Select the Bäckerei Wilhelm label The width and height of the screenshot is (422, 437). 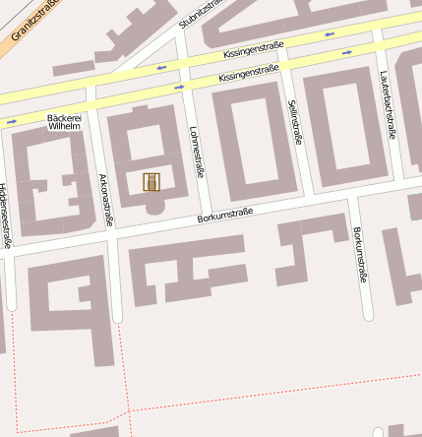point(64,122)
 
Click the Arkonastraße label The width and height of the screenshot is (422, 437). point(103,198)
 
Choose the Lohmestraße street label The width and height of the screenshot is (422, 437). point(196,152)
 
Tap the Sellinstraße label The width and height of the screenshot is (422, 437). point(295,122)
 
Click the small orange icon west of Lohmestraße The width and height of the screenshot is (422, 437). point(151,182)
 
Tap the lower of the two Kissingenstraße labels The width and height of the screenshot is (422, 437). point(249,73)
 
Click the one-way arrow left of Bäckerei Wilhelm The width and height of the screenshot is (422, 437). point(12,122)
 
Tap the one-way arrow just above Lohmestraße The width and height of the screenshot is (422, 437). point(178,87)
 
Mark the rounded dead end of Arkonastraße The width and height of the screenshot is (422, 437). point(117,317)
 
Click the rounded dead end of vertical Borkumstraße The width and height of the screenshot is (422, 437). point(369,315)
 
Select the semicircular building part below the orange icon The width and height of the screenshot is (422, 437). point(153,208)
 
